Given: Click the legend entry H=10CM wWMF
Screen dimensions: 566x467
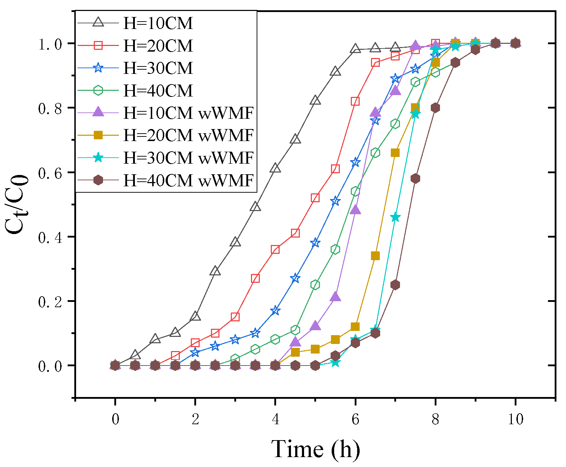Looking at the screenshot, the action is pos(188,113).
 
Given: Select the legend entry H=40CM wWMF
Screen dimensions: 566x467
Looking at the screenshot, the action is pos(188,181).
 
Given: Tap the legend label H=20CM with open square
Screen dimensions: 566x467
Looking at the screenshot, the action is pos(158,46).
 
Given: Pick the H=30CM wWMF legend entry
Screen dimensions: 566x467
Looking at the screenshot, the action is pos(188,158).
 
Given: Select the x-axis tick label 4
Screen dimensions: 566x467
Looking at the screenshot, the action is pos(275,419).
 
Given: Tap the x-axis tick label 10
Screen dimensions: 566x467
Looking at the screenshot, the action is pos(515,419).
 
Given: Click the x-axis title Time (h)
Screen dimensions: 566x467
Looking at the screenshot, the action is pos(315,449).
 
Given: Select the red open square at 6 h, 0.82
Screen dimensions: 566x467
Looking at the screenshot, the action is pos(355,101).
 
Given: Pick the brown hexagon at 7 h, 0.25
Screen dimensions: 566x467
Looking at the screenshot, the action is pos(395,285).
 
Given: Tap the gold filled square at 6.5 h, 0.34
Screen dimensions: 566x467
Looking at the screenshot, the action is pos(375,256).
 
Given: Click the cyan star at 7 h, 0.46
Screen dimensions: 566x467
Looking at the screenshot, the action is pos(395,217).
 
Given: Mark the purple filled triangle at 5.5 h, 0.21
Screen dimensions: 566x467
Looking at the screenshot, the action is pos(335,297).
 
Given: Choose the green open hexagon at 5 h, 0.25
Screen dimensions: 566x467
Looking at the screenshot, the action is pos(315,285).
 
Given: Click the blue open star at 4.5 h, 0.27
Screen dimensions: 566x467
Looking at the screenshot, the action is pos(295,279).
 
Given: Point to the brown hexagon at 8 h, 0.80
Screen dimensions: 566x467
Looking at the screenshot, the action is pos(435,108).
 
